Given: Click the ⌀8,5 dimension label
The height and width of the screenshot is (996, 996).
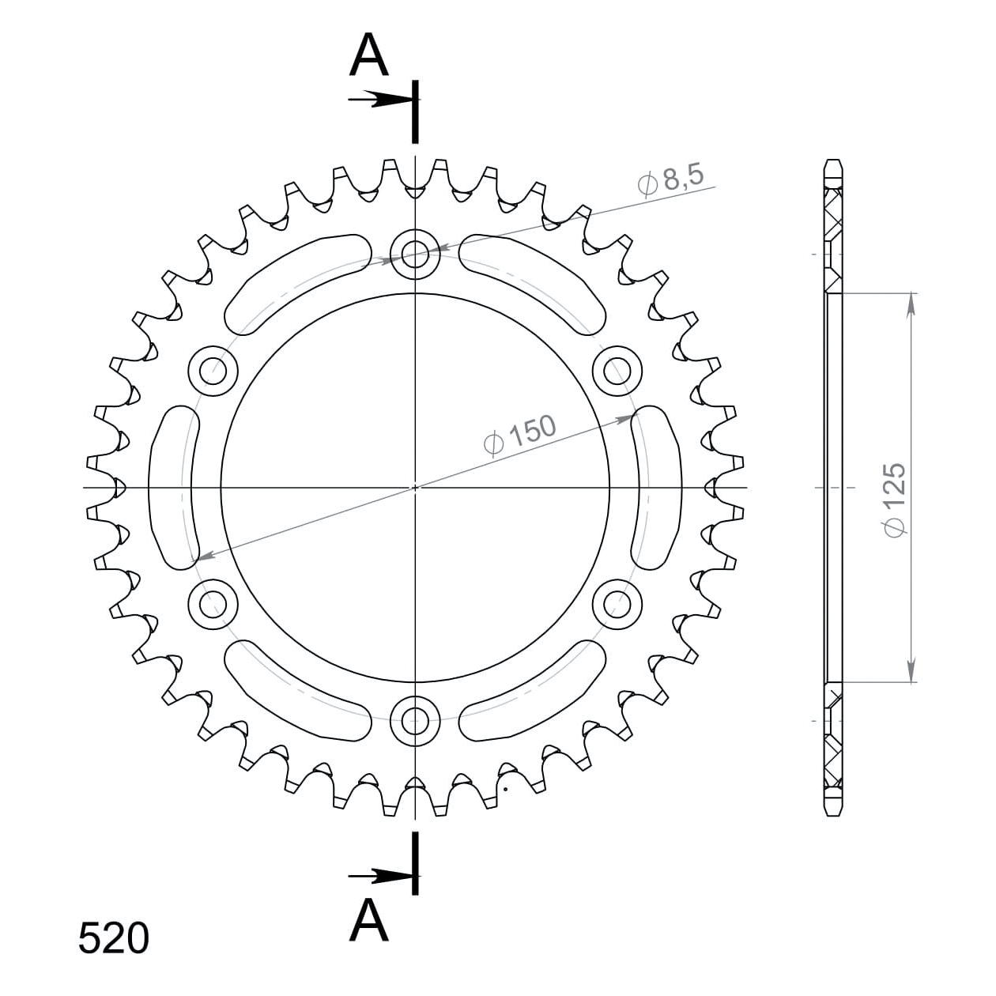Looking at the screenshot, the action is coord(670,182).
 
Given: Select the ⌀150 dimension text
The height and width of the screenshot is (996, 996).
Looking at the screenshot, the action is coord(520,436).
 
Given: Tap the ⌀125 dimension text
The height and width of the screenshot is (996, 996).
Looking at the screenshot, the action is coord(895,500).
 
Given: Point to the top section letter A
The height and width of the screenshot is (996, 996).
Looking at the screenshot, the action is coord(368,55).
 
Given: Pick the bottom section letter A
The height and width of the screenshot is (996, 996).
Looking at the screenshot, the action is coord(368,919).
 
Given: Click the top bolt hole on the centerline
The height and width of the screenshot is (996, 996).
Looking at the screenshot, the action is coord(414,255).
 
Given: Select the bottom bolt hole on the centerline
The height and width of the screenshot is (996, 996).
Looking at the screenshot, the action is coord(414,720).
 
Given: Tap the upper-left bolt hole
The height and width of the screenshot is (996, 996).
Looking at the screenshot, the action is coord(213,371).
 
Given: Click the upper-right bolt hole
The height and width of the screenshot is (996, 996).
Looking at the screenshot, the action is coord(617,371).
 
